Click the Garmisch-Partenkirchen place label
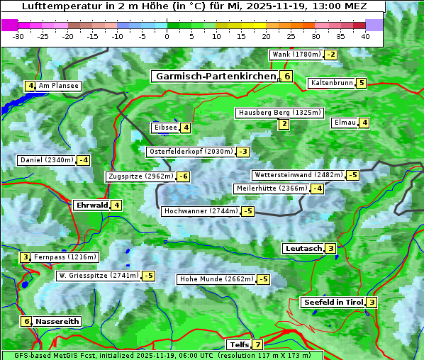coord(215,76)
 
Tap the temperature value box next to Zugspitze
coord(183,176)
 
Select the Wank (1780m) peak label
coord(296,55)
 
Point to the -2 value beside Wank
coord(331,55)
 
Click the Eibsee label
coord(164,128)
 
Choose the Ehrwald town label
coord(91,206)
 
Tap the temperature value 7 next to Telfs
coord(257,345)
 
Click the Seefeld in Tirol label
coord(333,303)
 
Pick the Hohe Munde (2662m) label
coord(216,279)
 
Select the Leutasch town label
coord(303,249)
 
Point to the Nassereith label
coord(57,321)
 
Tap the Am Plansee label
coord(59,86)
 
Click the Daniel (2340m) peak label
coord(46,160)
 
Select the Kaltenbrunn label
coord(331,83)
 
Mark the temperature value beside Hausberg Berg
coord(284,125)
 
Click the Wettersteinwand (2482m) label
coord(298,175)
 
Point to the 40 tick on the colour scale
coord(365,36)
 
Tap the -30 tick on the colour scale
coord(18,36)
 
